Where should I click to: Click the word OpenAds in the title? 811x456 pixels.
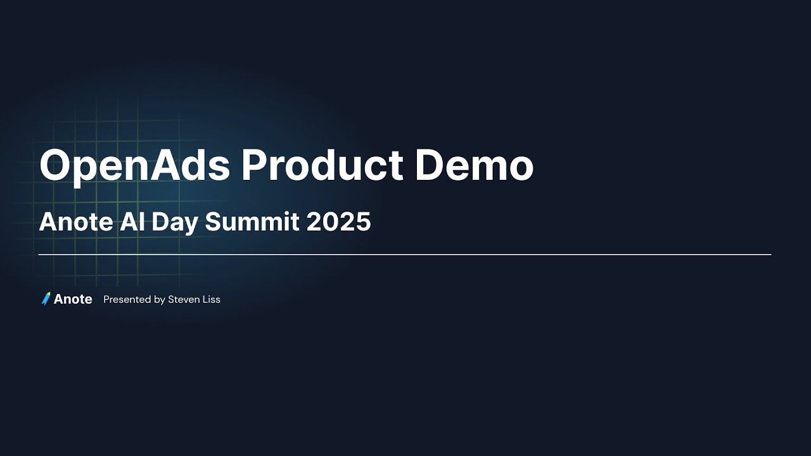(x=134, y=166)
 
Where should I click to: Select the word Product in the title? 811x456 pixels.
(x=322, y=166)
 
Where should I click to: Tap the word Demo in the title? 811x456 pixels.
(x=474, y=166)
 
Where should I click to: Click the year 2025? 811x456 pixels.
(x=338, y=222)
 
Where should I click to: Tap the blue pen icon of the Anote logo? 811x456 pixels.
(x=46, y=299)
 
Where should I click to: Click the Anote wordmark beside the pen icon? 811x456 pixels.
(x=73, y=300)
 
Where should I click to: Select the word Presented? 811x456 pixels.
(x=127, y=300)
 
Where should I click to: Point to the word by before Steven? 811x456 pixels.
(x=160, y=300)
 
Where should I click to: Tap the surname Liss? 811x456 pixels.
(x=212, y=300)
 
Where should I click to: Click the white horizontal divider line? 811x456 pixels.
(x=405, y=255)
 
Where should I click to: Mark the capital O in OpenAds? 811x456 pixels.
(x=56, y=166)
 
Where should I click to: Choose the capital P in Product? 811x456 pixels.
(x=254, y=166)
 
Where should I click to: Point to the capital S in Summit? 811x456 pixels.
(x=213, y=222)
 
